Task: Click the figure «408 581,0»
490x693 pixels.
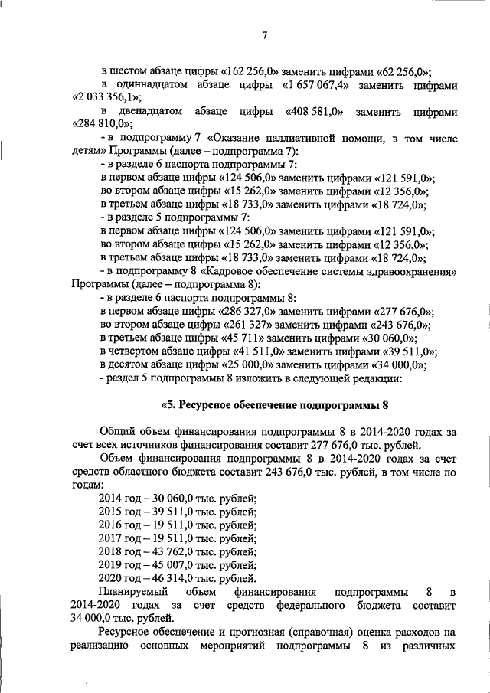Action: (313, 111)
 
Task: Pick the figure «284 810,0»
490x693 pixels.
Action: (103, 125)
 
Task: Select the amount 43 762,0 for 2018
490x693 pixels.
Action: (167, 551)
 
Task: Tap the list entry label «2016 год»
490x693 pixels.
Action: (119, 525)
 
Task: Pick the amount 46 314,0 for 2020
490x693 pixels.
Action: (167, 578)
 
